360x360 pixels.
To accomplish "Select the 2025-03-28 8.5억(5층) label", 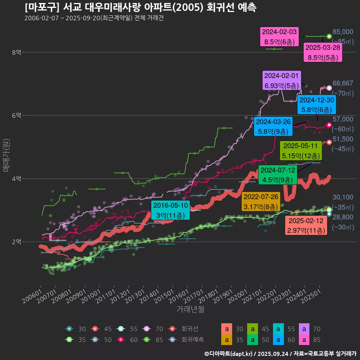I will (323, 52).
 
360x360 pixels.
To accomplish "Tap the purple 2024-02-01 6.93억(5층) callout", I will (282, 81).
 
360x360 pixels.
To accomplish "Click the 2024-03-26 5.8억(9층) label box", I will (273, 126).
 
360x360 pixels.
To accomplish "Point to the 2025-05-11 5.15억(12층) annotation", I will (301, 150).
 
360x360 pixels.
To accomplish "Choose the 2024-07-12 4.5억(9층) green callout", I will (278, 175).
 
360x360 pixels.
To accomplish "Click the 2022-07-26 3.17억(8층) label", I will (261, 202).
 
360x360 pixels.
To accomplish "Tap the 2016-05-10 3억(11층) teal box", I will (171, 210).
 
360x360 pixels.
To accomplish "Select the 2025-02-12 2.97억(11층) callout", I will (306, 226).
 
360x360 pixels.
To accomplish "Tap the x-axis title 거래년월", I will (190, 309).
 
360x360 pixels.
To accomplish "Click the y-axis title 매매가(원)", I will (6, 155).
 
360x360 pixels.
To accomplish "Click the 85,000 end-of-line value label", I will (343, 32).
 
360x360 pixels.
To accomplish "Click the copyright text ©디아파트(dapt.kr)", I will (229, 354).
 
